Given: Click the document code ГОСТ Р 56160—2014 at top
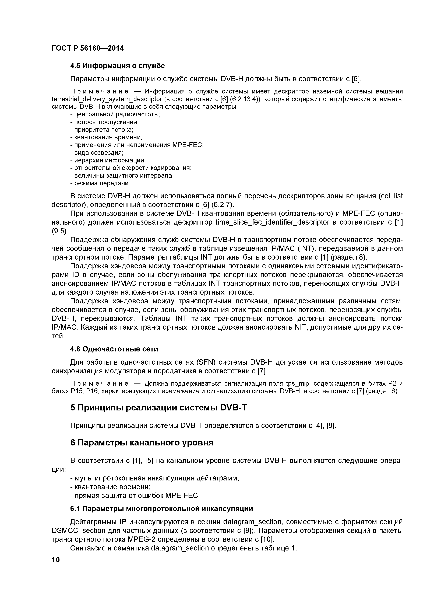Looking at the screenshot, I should click(88, 48).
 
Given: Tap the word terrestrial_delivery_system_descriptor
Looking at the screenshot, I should click(107, 99).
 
